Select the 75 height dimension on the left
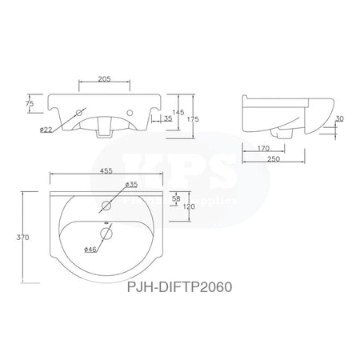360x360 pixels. tap(29, 103)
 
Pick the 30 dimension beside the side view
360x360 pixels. tap(340, 120)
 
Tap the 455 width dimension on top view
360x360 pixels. tap(103, 171)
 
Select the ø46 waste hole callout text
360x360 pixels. tap(93, 250)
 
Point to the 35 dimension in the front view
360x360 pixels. tap(169, 119)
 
